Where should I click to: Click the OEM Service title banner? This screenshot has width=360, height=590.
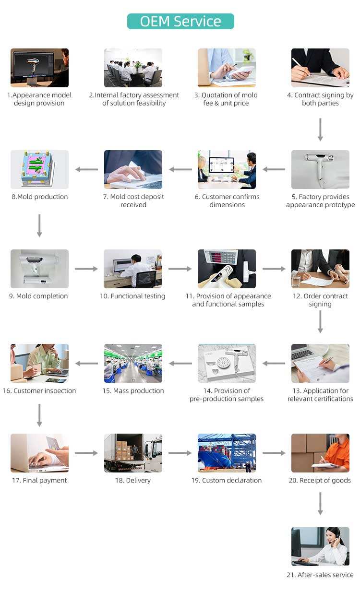pos(180,21)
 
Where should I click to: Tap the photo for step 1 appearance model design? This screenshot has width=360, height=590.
pos(39,68)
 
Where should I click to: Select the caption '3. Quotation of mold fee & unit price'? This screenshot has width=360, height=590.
pos(226,99)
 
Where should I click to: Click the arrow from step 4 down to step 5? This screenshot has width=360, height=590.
pos(320,129)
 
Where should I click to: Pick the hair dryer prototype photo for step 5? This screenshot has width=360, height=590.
pos(320,169)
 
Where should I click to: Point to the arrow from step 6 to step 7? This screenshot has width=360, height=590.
pos(180,169)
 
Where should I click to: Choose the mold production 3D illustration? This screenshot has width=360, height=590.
pos(39,169)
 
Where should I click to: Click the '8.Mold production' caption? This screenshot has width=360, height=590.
pos(39,197)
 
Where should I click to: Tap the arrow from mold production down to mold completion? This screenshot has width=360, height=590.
pos(39,225)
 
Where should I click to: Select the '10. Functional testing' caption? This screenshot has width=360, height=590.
pos(132,296)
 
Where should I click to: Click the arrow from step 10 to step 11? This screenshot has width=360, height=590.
pos(180,269)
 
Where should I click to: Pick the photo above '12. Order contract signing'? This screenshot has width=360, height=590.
pos(320,269)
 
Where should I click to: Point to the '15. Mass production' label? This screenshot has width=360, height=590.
pos(133,391)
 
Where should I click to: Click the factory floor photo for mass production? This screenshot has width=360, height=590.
pos(133,363)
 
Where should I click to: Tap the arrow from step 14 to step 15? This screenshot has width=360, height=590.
pos(180,363)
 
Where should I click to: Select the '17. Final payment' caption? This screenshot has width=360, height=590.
pos(39,480)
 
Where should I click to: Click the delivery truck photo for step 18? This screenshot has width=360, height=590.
pos(133,453)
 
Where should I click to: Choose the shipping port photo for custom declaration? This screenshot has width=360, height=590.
pos(227,453)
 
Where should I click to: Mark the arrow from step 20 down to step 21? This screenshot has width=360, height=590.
pos(320,504)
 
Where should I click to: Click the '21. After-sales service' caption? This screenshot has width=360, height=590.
pos(320,575)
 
